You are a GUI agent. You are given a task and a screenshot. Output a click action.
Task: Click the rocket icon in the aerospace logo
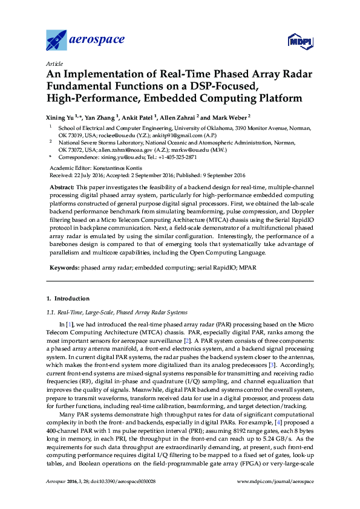click(x=57, y=40)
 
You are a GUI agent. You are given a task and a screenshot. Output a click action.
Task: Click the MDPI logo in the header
click(x=298, y=41)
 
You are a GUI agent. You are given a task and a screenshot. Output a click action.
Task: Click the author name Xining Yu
click(x=62, y=117)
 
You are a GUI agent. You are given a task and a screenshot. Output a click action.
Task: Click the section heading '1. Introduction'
click(x=68, y=299)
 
